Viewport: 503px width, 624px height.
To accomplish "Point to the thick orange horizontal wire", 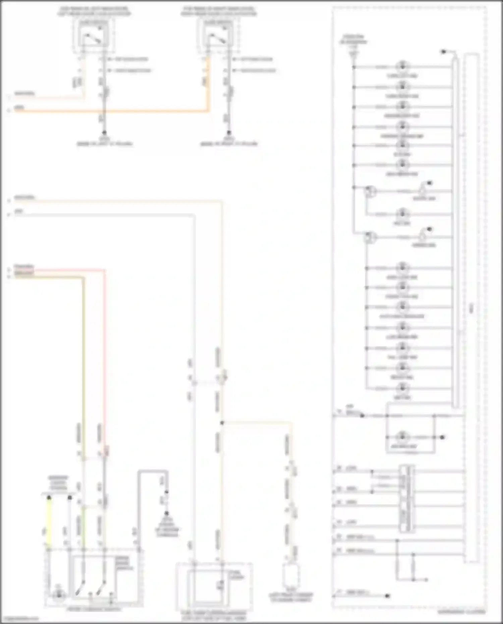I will pyautogui.click(x=111, y=111).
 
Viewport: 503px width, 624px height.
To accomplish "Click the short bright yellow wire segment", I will pyautogui.click(x=49, y=523).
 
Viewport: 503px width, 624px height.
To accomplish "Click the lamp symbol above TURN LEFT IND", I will pyautogui.click(x=402, y=66).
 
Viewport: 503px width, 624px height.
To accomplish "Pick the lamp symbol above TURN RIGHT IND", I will pyautogui.click(x=402, y=87).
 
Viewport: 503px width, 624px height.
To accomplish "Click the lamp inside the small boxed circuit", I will pyautogui.click(x=402, y=437).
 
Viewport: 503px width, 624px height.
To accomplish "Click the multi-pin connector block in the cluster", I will pyautogui.click(x=406, y=499).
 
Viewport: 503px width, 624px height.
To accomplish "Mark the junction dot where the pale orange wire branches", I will pyautogui.click(x=222, y=423).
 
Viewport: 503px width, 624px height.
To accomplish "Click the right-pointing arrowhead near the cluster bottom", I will pyautogui.click(x=426, y=579).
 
